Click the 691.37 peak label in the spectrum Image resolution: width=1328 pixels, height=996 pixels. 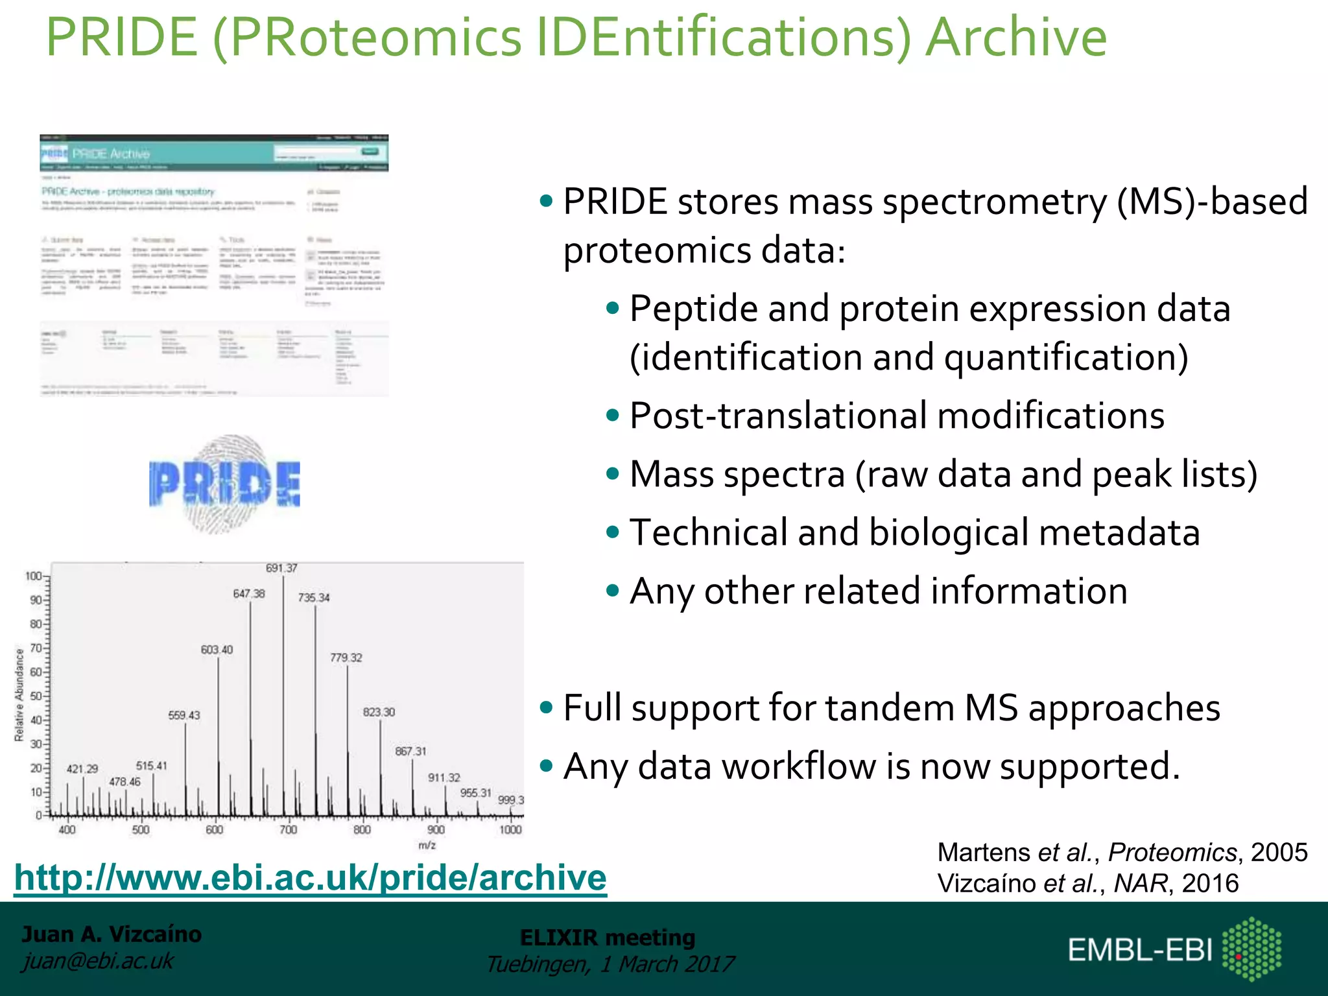(x=281, y=568)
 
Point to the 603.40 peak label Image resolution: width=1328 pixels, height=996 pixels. (x=217, y=650)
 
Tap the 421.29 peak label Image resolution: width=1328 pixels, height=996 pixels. (x=82, y=769)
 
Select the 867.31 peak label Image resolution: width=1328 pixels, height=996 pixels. (x=410, y=752)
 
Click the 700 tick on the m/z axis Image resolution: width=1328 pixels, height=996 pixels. (x=288, y=830)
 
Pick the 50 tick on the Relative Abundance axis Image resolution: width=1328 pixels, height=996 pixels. (x=36, y=696)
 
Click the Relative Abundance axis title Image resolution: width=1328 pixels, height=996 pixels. (x=19, y=694)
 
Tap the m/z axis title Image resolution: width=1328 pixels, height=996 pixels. (x=427, y=846)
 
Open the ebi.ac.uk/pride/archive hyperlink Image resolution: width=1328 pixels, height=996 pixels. (x=310, y=878)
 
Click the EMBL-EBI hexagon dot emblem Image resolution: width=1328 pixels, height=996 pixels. (x=1251, y=949)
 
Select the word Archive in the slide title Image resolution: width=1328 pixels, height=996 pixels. (x=1016, y=38)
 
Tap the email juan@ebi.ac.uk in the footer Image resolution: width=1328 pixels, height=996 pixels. (x=98, y=961)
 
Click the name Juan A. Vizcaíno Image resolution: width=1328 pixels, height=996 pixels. (x=112, y=934)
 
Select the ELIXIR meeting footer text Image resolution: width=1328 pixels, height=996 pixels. (x=608, y=938)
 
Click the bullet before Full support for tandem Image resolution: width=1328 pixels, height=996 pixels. (x=546, y=707)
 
